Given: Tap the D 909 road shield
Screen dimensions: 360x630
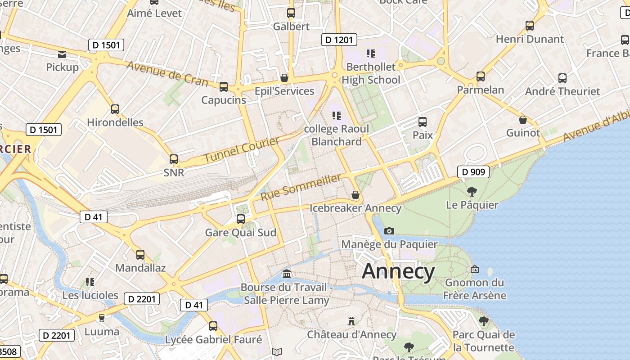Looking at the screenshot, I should [473, 171].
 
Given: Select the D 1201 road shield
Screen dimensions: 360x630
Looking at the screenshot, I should [339, 40].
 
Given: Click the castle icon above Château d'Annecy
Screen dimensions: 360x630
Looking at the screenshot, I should [351, 321].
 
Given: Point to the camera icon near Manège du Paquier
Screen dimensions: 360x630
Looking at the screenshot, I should [389, 231].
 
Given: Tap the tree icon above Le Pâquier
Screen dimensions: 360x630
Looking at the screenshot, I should [472, 192].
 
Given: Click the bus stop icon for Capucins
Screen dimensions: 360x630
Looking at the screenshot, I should [224, 87].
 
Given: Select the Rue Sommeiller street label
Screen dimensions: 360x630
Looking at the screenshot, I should [301, 187].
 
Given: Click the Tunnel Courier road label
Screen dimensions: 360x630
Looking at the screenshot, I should [241, 150].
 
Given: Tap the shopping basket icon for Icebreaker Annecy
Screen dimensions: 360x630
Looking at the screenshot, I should [355, 195].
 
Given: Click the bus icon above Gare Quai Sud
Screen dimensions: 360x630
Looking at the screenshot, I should [241, 219].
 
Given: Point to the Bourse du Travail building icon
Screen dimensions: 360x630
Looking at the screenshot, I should [286, 274].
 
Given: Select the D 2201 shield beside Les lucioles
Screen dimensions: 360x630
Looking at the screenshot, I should [142, 299].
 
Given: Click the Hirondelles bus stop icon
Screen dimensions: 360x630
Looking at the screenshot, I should [115, 109].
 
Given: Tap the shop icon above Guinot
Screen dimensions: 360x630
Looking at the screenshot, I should [523, 120].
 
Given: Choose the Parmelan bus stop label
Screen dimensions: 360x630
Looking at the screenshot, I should [481, 90].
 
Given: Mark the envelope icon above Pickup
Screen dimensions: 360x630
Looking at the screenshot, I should [62, 55].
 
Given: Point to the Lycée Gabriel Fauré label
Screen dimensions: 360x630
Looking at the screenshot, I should [214, 339].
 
